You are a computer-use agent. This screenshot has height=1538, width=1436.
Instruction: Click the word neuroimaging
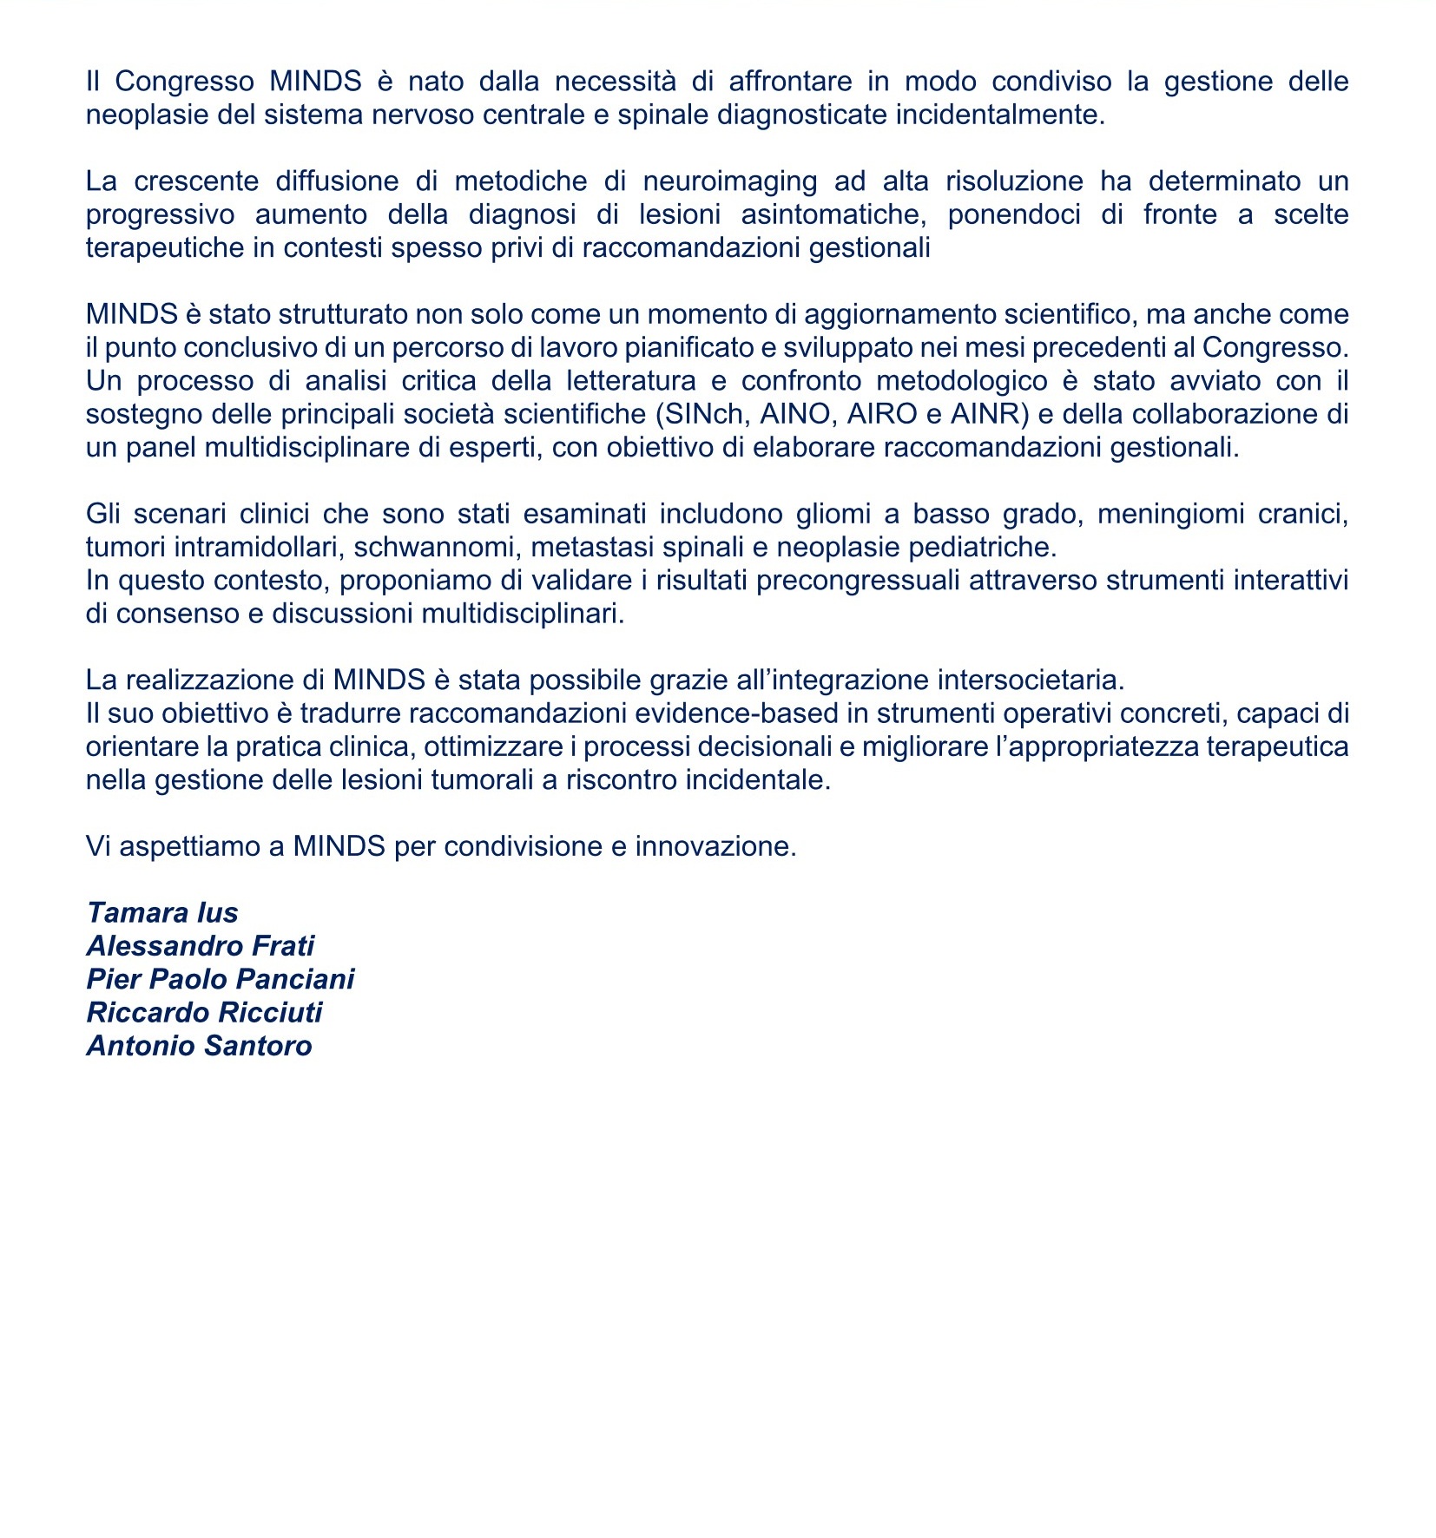729,181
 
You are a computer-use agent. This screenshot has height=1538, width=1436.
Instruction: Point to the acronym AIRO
882,414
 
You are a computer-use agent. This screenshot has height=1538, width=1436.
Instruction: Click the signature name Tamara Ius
162,913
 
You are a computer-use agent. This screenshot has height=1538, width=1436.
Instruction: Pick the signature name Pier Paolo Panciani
221,979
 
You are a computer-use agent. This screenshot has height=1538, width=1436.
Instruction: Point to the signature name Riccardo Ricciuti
204,1013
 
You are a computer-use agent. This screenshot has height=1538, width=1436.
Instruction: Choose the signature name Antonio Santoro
199,1046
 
